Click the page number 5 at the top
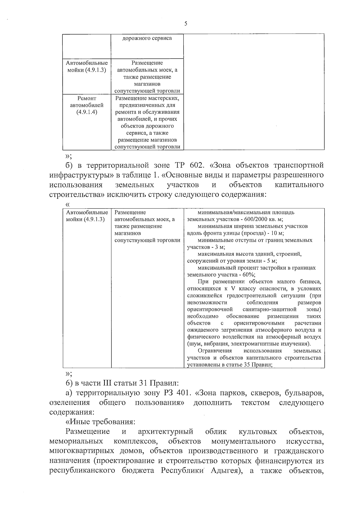coord(186,24)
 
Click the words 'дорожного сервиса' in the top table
coord(147,38)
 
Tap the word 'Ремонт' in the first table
coord(86,98)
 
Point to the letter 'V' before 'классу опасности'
coord(233,288)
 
